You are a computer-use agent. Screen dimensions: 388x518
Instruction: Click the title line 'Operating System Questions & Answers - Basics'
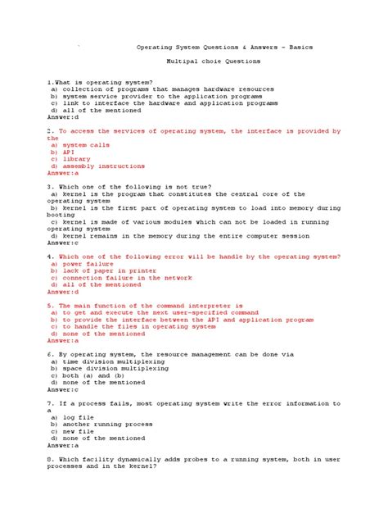click(223, 47)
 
